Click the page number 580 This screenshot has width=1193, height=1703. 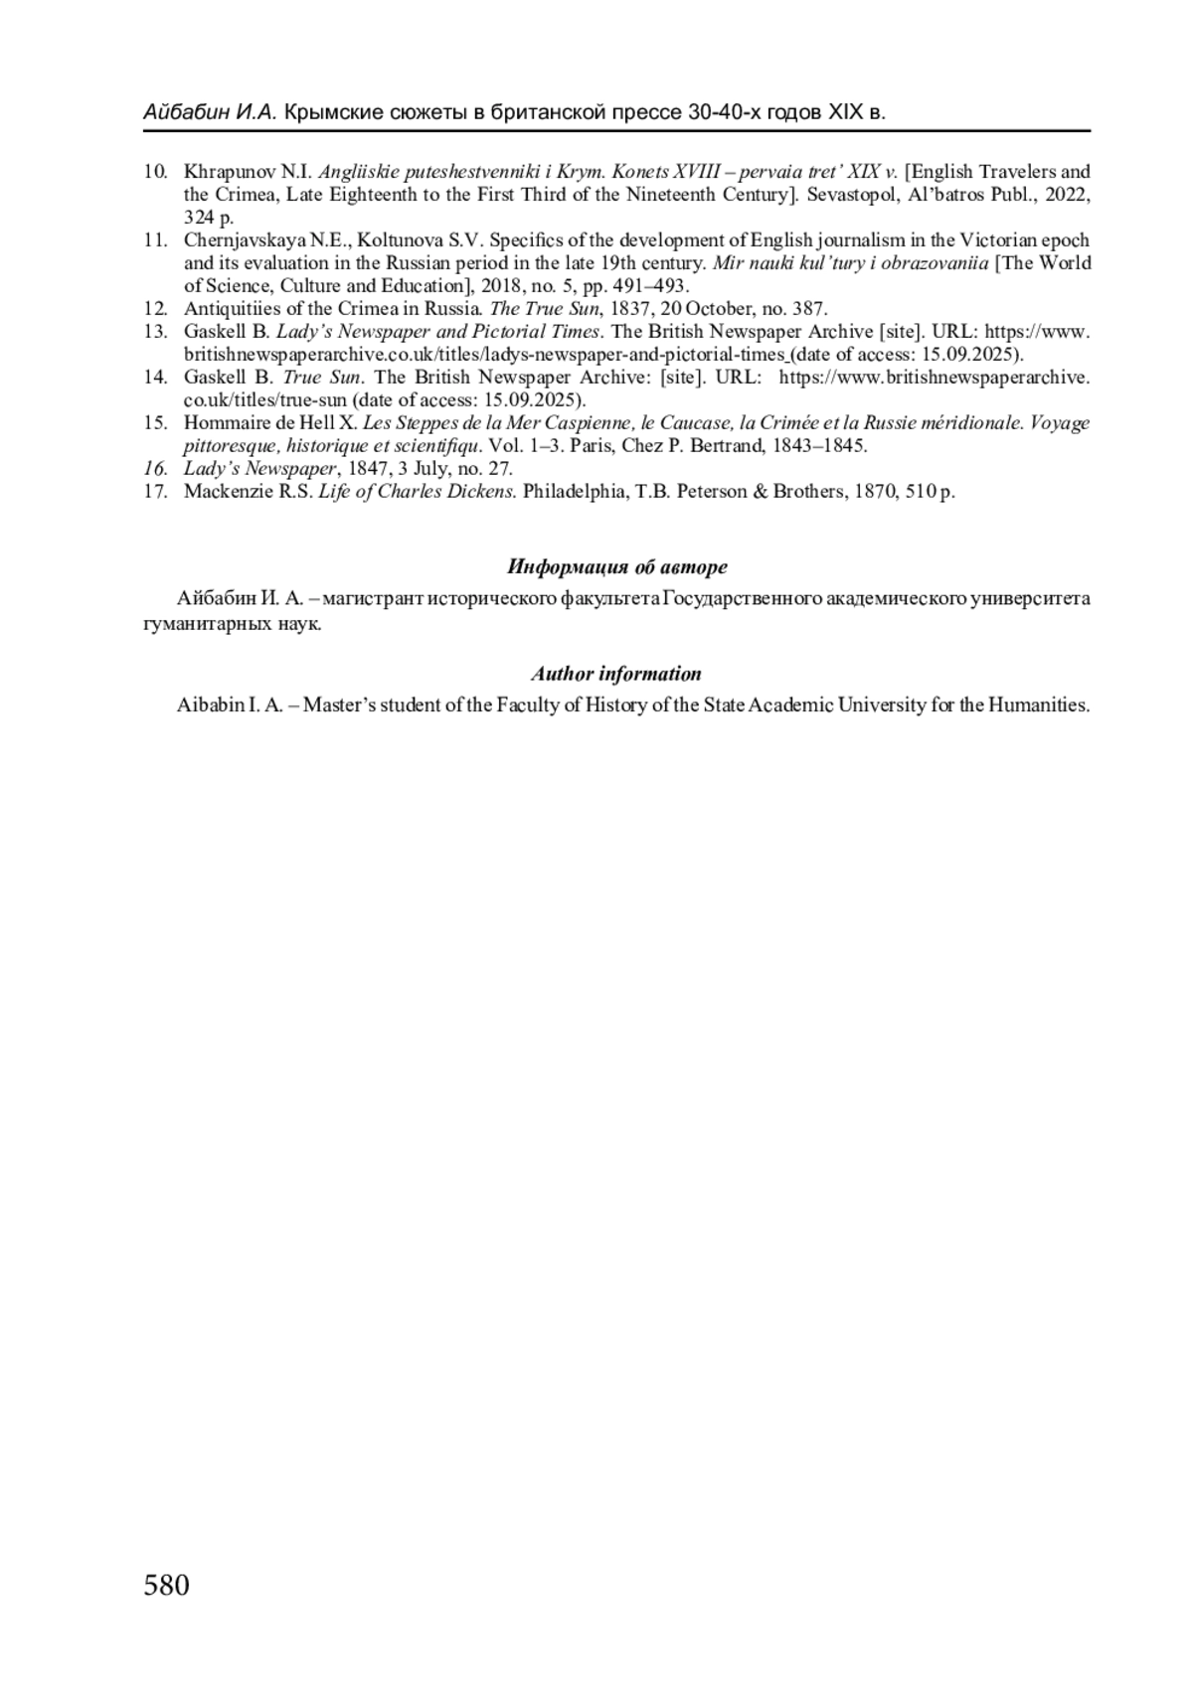(166, 1585)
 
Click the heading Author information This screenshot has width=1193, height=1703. (615, 674)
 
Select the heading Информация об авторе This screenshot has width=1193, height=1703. (616, 567)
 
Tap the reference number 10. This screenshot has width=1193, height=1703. (154, 172)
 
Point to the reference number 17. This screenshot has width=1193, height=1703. (154, 492)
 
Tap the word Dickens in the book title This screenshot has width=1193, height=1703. (483, 492)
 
